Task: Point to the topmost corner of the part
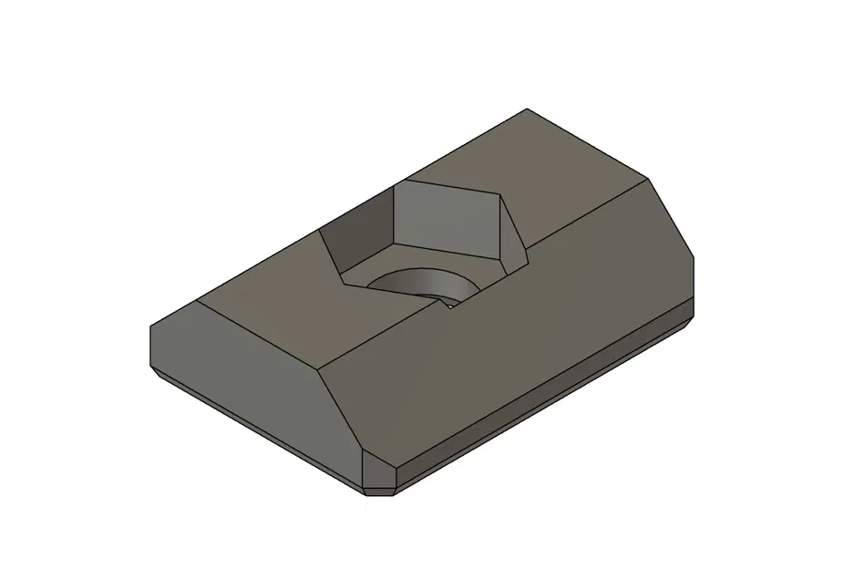tap(529, 109)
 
